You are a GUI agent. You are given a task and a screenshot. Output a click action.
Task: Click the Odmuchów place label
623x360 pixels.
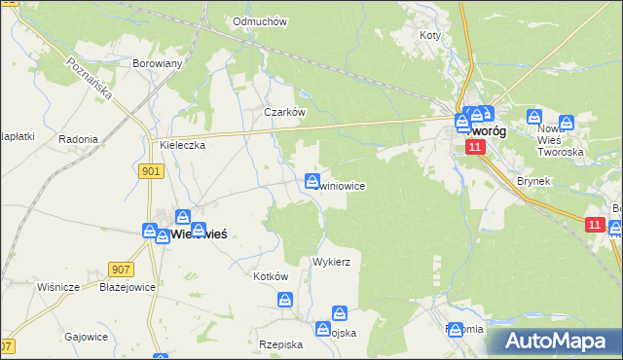coord(257,20)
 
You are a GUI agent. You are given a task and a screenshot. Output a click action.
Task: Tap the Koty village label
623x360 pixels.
coord(429,35)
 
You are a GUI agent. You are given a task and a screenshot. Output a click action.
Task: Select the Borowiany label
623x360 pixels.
coord(158,63)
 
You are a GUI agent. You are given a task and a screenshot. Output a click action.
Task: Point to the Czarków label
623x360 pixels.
coord(285,112)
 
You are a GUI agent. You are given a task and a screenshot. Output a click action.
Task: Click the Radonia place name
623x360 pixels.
coord(78,139)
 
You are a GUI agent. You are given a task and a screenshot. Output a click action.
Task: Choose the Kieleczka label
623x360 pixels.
coord(182,145)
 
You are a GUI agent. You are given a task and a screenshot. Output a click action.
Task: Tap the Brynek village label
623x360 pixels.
coord(534,182)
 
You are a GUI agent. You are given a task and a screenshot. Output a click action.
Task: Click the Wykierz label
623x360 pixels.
coord(331,262)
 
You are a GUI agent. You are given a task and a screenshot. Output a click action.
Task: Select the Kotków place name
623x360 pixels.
coord(271,276)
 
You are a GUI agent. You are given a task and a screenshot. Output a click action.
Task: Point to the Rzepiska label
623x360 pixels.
coord(281,344)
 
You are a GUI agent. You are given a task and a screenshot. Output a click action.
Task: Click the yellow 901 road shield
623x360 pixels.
coord(151,171)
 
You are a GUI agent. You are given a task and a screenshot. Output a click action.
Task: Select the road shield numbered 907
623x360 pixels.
coord(121,269)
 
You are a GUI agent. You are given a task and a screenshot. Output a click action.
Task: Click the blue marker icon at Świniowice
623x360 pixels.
coord(312,181)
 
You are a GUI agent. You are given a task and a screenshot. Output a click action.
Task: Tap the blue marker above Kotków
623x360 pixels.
coord(285,301)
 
